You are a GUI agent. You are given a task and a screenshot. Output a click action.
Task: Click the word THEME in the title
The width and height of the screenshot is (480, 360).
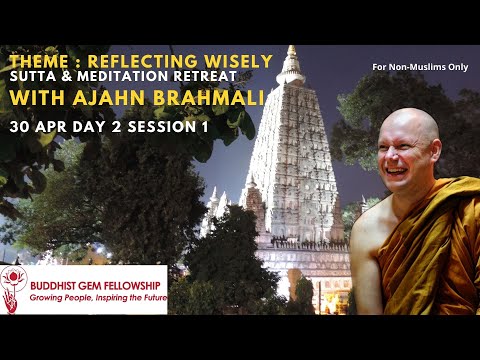(34, 61)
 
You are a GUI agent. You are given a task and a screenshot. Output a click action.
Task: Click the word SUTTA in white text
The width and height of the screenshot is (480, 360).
(33, 79)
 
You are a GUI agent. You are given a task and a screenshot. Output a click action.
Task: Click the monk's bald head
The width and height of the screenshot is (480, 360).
(410, 125)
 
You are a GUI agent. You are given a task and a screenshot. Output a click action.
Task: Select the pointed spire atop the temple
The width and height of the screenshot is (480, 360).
(291, 60)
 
